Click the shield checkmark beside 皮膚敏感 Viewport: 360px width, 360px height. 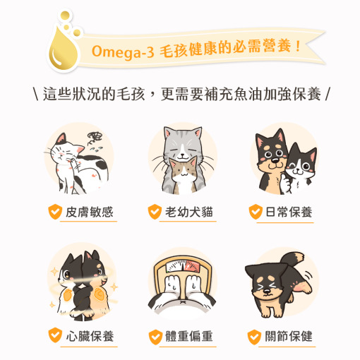tap(53, 212)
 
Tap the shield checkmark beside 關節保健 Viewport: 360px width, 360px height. tap(254, 335)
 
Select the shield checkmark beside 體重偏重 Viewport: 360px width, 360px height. tap(154, 335)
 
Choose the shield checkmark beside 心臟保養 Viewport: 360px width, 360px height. tap(53, 335)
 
